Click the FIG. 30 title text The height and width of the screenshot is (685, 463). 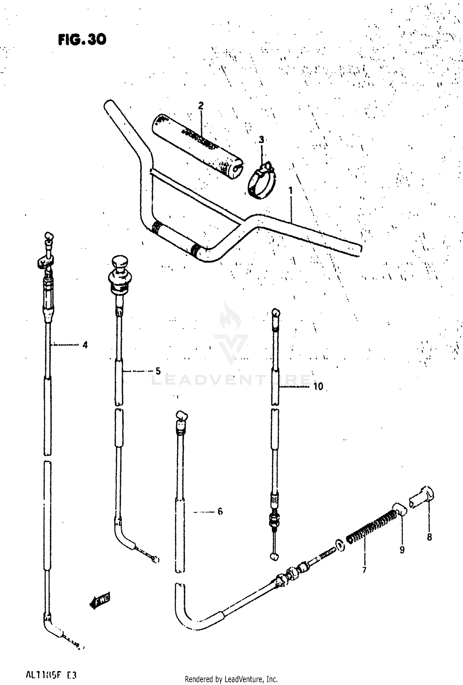coord(82,40)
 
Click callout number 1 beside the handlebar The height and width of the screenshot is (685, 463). coord(290,191)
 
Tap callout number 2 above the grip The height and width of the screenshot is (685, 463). coord(201,106)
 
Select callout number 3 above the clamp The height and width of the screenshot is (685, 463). coord(261,140)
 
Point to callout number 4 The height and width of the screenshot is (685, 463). coord(85,345)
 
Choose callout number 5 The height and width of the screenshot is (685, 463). coord(158,371)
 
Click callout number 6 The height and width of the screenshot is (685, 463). coord(220,512)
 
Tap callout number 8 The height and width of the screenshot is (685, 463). coord(429,537)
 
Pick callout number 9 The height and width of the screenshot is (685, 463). coord(402,550)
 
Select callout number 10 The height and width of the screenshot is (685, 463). coord(318,386)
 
